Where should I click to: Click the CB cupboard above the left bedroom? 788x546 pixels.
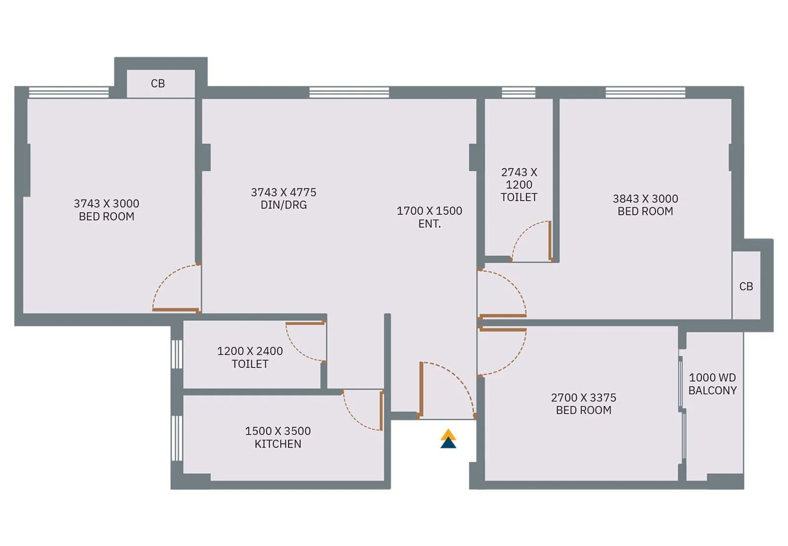click(158, 83)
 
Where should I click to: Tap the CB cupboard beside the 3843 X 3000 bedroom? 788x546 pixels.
click(746, 286)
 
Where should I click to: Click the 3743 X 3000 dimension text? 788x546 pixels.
click(106, 204)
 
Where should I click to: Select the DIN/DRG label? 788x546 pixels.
click(284, 205)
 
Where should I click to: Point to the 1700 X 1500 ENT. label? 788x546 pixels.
click(429, 217)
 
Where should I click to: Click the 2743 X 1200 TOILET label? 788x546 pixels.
click(519, 185)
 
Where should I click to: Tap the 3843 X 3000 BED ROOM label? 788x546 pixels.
click(645, 205)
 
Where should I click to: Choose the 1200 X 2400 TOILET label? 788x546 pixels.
click(250, 357)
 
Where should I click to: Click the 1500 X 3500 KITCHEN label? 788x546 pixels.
click(278, 437)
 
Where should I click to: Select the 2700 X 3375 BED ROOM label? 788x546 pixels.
click(583, 404)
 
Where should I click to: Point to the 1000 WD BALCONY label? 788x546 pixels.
click(712, 384)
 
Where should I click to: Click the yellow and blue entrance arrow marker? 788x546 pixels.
click(448, 439)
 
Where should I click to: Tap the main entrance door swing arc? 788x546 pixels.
click(456, 379)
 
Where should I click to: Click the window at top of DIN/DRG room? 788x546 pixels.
click(349, 92)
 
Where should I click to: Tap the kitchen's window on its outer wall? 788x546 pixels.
click(177, 439)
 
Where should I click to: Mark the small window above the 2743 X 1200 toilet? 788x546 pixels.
click(518, 92)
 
